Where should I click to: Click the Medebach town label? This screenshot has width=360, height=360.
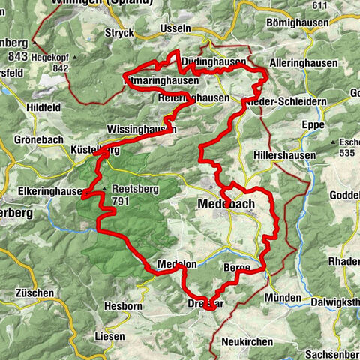(x=226, y=203)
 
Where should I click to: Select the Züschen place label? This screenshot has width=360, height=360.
(x=33, y=292)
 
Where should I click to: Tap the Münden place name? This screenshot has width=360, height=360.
(x=283, y=297)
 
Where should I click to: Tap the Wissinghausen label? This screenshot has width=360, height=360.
(x=142, y=129)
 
